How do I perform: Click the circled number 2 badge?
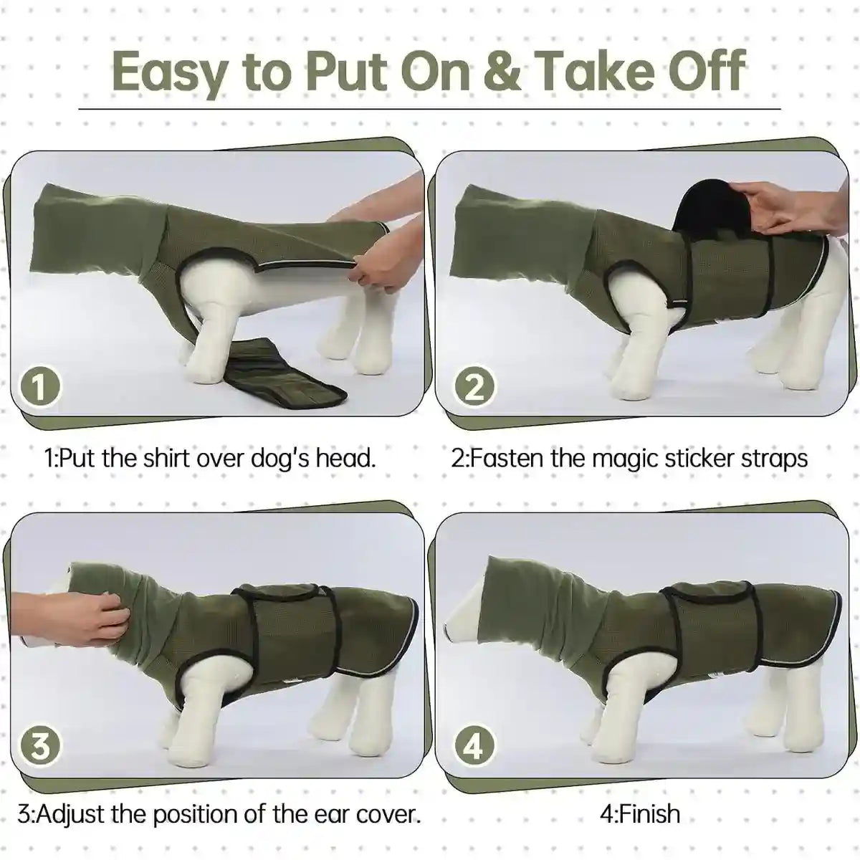point(474,388)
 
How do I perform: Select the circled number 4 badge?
point(474,747)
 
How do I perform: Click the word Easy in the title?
point(168,72)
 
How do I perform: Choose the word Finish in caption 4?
point(649,814)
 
